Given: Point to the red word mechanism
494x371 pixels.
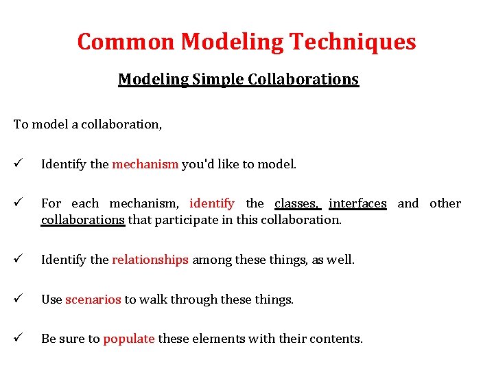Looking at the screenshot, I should click(145, 164).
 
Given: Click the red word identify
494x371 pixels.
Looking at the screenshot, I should click(212, 203).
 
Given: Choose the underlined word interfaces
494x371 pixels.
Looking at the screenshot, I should click(357, 203).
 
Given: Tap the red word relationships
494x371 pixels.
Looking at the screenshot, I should click(150, 260).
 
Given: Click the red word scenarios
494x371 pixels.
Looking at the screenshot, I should click(93, 300).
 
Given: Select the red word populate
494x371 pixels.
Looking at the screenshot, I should click(129, 339).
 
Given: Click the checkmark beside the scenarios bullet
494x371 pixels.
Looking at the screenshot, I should click(18, 300).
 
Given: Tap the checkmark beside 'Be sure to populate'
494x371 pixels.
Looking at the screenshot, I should click(18, 339).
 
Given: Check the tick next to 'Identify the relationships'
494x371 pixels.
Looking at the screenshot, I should click(18, 260).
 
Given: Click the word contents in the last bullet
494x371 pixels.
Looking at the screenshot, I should click(338, 339).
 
